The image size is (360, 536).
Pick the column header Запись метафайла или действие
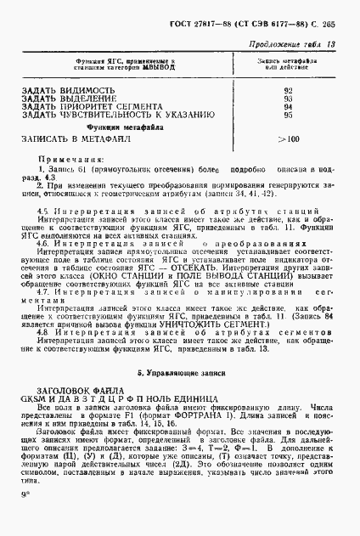tap(289, 65)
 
